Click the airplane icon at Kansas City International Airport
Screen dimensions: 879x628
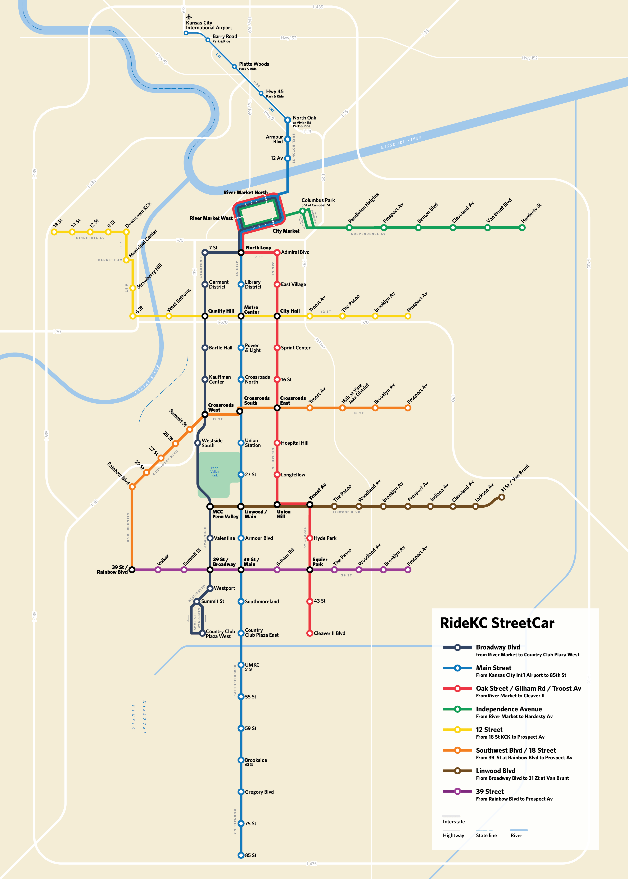(189, 17)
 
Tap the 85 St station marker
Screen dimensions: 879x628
(240, 855)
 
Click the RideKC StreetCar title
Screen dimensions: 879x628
(497, 623)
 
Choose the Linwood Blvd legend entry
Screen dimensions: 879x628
(495, 771)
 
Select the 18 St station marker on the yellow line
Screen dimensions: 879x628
(54, 232)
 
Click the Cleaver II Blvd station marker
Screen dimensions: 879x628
(309, 633)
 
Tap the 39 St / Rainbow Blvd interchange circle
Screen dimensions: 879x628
(132, 569)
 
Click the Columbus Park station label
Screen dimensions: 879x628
(318, 200)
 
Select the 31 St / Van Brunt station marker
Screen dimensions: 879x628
(502, 497)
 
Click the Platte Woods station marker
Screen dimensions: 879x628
(234, 67)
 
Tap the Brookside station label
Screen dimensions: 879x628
(256, 760)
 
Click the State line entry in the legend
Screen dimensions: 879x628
(486, 835)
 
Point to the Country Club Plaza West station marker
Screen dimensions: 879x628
(202, 633)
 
